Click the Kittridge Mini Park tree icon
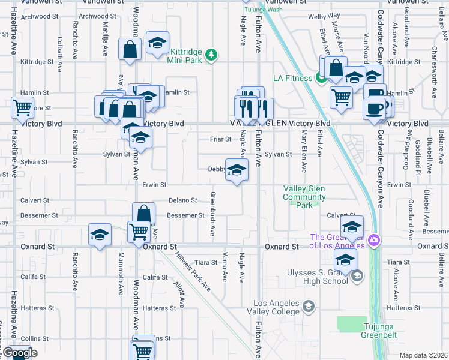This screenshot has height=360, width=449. pos(211,55)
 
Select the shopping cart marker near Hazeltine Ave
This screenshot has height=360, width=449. pos(22,109)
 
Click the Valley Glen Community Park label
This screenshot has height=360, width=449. pos(305,197)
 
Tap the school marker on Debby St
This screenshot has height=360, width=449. pos(237,169)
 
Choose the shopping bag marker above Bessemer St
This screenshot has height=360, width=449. pos(143,213)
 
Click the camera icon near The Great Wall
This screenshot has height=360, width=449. pos(374,241)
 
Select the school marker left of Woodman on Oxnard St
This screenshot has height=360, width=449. pos(100,235)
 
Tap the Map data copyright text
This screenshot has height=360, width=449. pos(423,355)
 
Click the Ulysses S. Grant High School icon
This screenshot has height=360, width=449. pos(357,275)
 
